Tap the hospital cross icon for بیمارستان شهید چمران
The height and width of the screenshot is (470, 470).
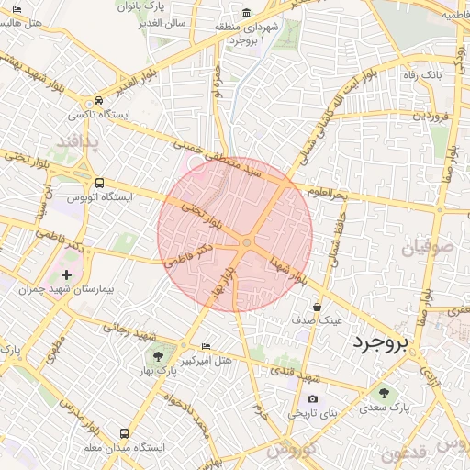tap(65, 274)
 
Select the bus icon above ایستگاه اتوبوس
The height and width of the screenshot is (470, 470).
tap(99, 183)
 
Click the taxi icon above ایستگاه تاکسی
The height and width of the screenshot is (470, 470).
tap(97, 101)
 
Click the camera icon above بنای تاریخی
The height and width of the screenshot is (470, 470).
tap(313, 399)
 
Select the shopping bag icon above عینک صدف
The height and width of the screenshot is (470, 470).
tap(317, 308)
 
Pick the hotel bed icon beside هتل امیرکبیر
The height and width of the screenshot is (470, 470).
tap(206, 346)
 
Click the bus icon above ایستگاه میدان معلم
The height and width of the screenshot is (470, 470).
tap(124, 433)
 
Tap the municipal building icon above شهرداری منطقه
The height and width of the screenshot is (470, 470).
tap(247, 13)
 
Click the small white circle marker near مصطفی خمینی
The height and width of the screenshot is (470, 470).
tap(196, 162)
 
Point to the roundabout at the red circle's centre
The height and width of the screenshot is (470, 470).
tap(247, 242)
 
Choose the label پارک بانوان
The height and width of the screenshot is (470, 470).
tap(140, 6)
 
